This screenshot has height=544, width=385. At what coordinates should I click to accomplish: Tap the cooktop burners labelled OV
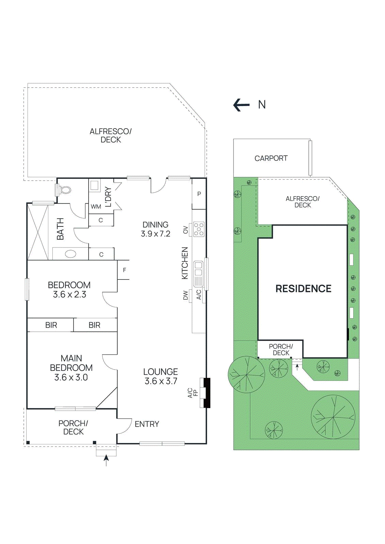[x=199, y=229]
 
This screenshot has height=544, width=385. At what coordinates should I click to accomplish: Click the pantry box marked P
[x=199, y=194]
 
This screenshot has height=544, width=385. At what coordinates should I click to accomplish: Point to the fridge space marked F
[x=124, y=270]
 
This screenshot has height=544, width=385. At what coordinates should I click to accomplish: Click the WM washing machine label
[x=96, y=206]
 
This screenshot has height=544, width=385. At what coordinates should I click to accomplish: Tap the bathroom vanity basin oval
[x=71, y=254]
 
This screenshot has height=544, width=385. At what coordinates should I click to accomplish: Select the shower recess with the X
[x=38, y=232]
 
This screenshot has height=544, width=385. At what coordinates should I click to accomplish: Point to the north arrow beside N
[x=241, y=105]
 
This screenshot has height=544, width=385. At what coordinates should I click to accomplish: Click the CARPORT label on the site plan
[x=271, y=158]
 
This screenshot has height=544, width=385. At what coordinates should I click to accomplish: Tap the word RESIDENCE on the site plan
[x=303, y=289]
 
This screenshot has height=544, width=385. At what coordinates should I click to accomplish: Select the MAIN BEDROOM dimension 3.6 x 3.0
[x=71, y=377]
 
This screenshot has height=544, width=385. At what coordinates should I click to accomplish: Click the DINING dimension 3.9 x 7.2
[x=156, y=234]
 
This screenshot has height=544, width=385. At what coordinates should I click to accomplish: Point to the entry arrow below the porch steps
[x=106, y=460]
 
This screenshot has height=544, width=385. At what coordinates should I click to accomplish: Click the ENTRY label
[x=147, y=424]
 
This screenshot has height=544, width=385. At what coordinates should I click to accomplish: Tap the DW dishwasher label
[x=186, y=295]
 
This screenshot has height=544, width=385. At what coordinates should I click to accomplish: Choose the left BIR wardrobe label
[x=51, y=325]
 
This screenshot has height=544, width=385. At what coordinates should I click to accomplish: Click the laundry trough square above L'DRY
[x=94, y=185]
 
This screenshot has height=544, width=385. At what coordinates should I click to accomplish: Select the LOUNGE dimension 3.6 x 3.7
[x=161, y=381]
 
